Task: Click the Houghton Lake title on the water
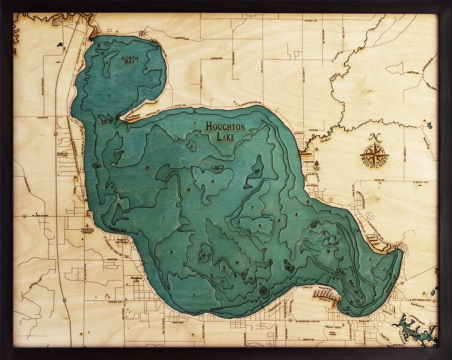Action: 225,131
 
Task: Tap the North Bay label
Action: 130,61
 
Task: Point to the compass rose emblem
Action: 374,155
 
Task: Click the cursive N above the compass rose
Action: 375,137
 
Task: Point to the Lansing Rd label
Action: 215,58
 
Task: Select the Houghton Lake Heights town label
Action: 124,242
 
